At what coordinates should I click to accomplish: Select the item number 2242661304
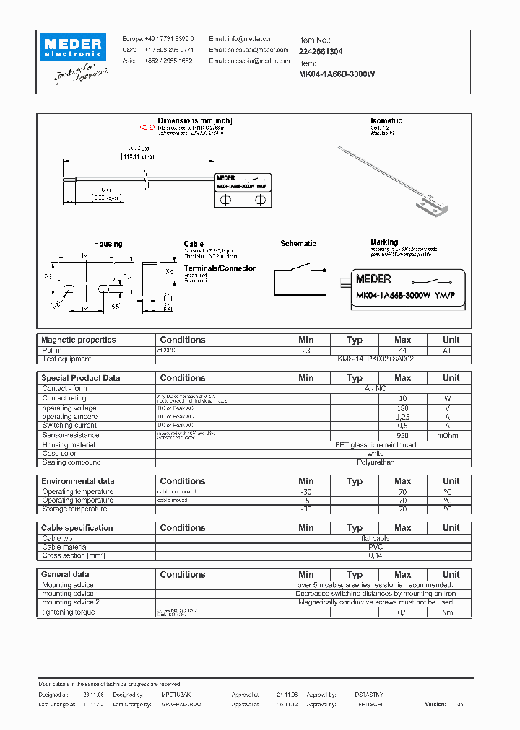(x=321, y=52)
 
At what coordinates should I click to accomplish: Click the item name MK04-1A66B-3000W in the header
(x=337, y=74)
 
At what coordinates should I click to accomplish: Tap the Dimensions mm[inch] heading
(x=195, y=121)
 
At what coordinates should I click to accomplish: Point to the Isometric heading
(x=386, y=121)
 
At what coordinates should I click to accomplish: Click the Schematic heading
(x=298, y=244)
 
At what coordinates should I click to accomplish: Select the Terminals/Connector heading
(x=220, y=268)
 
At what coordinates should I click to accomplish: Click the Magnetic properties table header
(x=78, y=340)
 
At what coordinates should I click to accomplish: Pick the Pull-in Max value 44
(x=402, y=350)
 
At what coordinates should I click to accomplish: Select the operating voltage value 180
(x=402, y=408)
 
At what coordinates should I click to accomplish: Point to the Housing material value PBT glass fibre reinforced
(x=376, y=444)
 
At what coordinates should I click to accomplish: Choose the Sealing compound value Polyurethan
(x=376, y=462)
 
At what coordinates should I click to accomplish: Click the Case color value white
(x=376, y=454)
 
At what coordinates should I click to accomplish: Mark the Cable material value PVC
(x=376, y=547)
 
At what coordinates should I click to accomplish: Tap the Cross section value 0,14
(x=376, y=556)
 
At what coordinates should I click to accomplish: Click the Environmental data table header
(x=77, y=481)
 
